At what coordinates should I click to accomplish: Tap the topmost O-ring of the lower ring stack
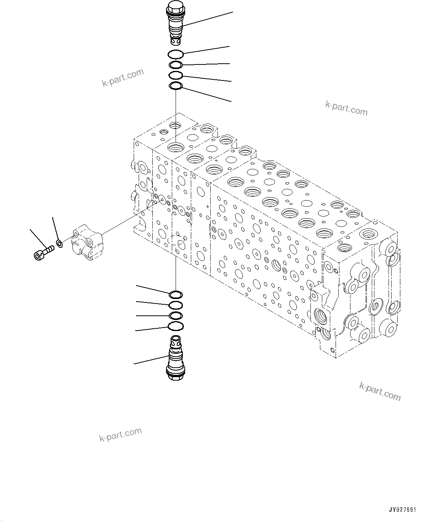point(176,294)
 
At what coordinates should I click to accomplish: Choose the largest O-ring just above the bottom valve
point(176,326)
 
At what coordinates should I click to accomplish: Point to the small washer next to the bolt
point(59,243)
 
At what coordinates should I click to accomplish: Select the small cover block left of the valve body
point(87,243)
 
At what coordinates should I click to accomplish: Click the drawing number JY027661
point(402,510)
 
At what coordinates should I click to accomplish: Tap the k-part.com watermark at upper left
point(123,77)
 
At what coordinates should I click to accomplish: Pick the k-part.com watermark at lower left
point(120,435)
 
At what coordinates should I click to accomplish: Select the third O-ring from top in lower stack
point(176,316)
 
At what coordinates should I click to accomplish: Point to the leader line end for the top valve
point(233,13)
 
